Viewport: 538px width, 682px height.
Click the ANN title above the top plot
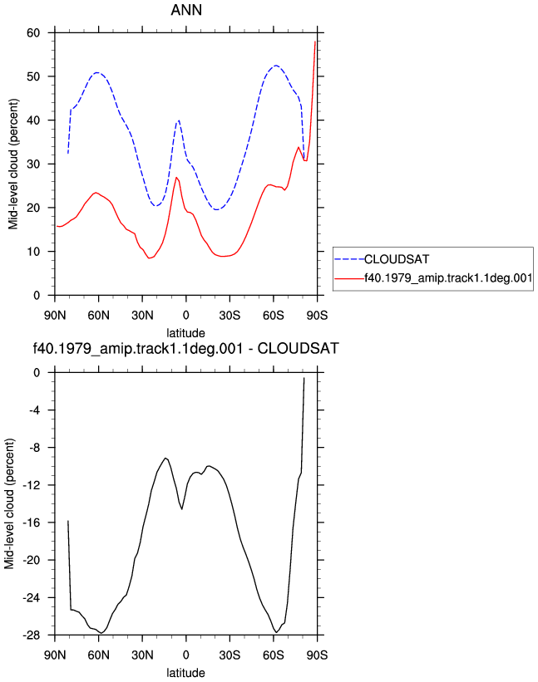tap(186, 10)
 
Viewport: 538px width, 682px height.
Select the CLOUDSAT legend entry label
tap(397, 259)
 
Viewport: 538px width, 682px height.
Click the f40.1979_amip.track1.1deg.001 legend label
tap(448, 278)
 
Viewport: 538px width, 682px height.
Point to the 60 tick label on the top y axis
tap(33, 32)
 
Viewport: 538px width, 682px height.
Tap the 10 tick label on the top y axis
tap(33, 252)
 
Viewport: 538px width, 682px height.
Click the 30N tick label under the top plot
tap(142, 315)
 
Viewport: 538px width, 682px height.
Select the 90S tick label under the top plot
tap(317, 315)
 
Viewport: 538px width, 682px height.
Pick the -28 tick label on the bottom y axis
tap(32, 635)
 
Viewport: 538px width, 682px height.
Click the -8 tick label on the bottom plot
tap(34, 448)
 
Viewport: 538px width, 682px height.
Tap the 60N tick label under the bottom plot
tap(98, 655)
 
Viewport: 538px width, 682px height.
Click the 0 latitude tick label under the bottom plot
tap(186, 655)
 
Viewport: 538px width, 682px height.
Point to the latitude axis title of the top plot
tap(186, 333)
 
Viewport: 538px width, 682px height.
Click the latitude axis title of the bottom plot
tap(186, 673)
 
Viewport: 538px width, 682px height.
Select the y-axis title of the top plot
tap(13, 164)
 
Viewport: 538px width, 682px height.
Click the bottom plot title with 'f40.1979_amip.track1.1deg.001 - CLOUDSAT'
tap(186, 348)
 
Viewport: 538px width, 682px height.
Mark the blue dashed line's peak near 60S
tap(276, 66)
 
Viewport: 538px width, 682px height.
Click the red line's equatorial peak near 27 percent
tap(176, 177)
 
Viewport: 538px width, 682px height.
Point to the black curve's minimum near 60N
tap(101, 633)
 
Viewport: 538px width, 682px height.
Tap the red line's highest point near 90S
tap(314, 42)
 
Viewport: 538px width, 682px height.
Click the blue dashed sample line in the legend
tap(349, 259)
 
